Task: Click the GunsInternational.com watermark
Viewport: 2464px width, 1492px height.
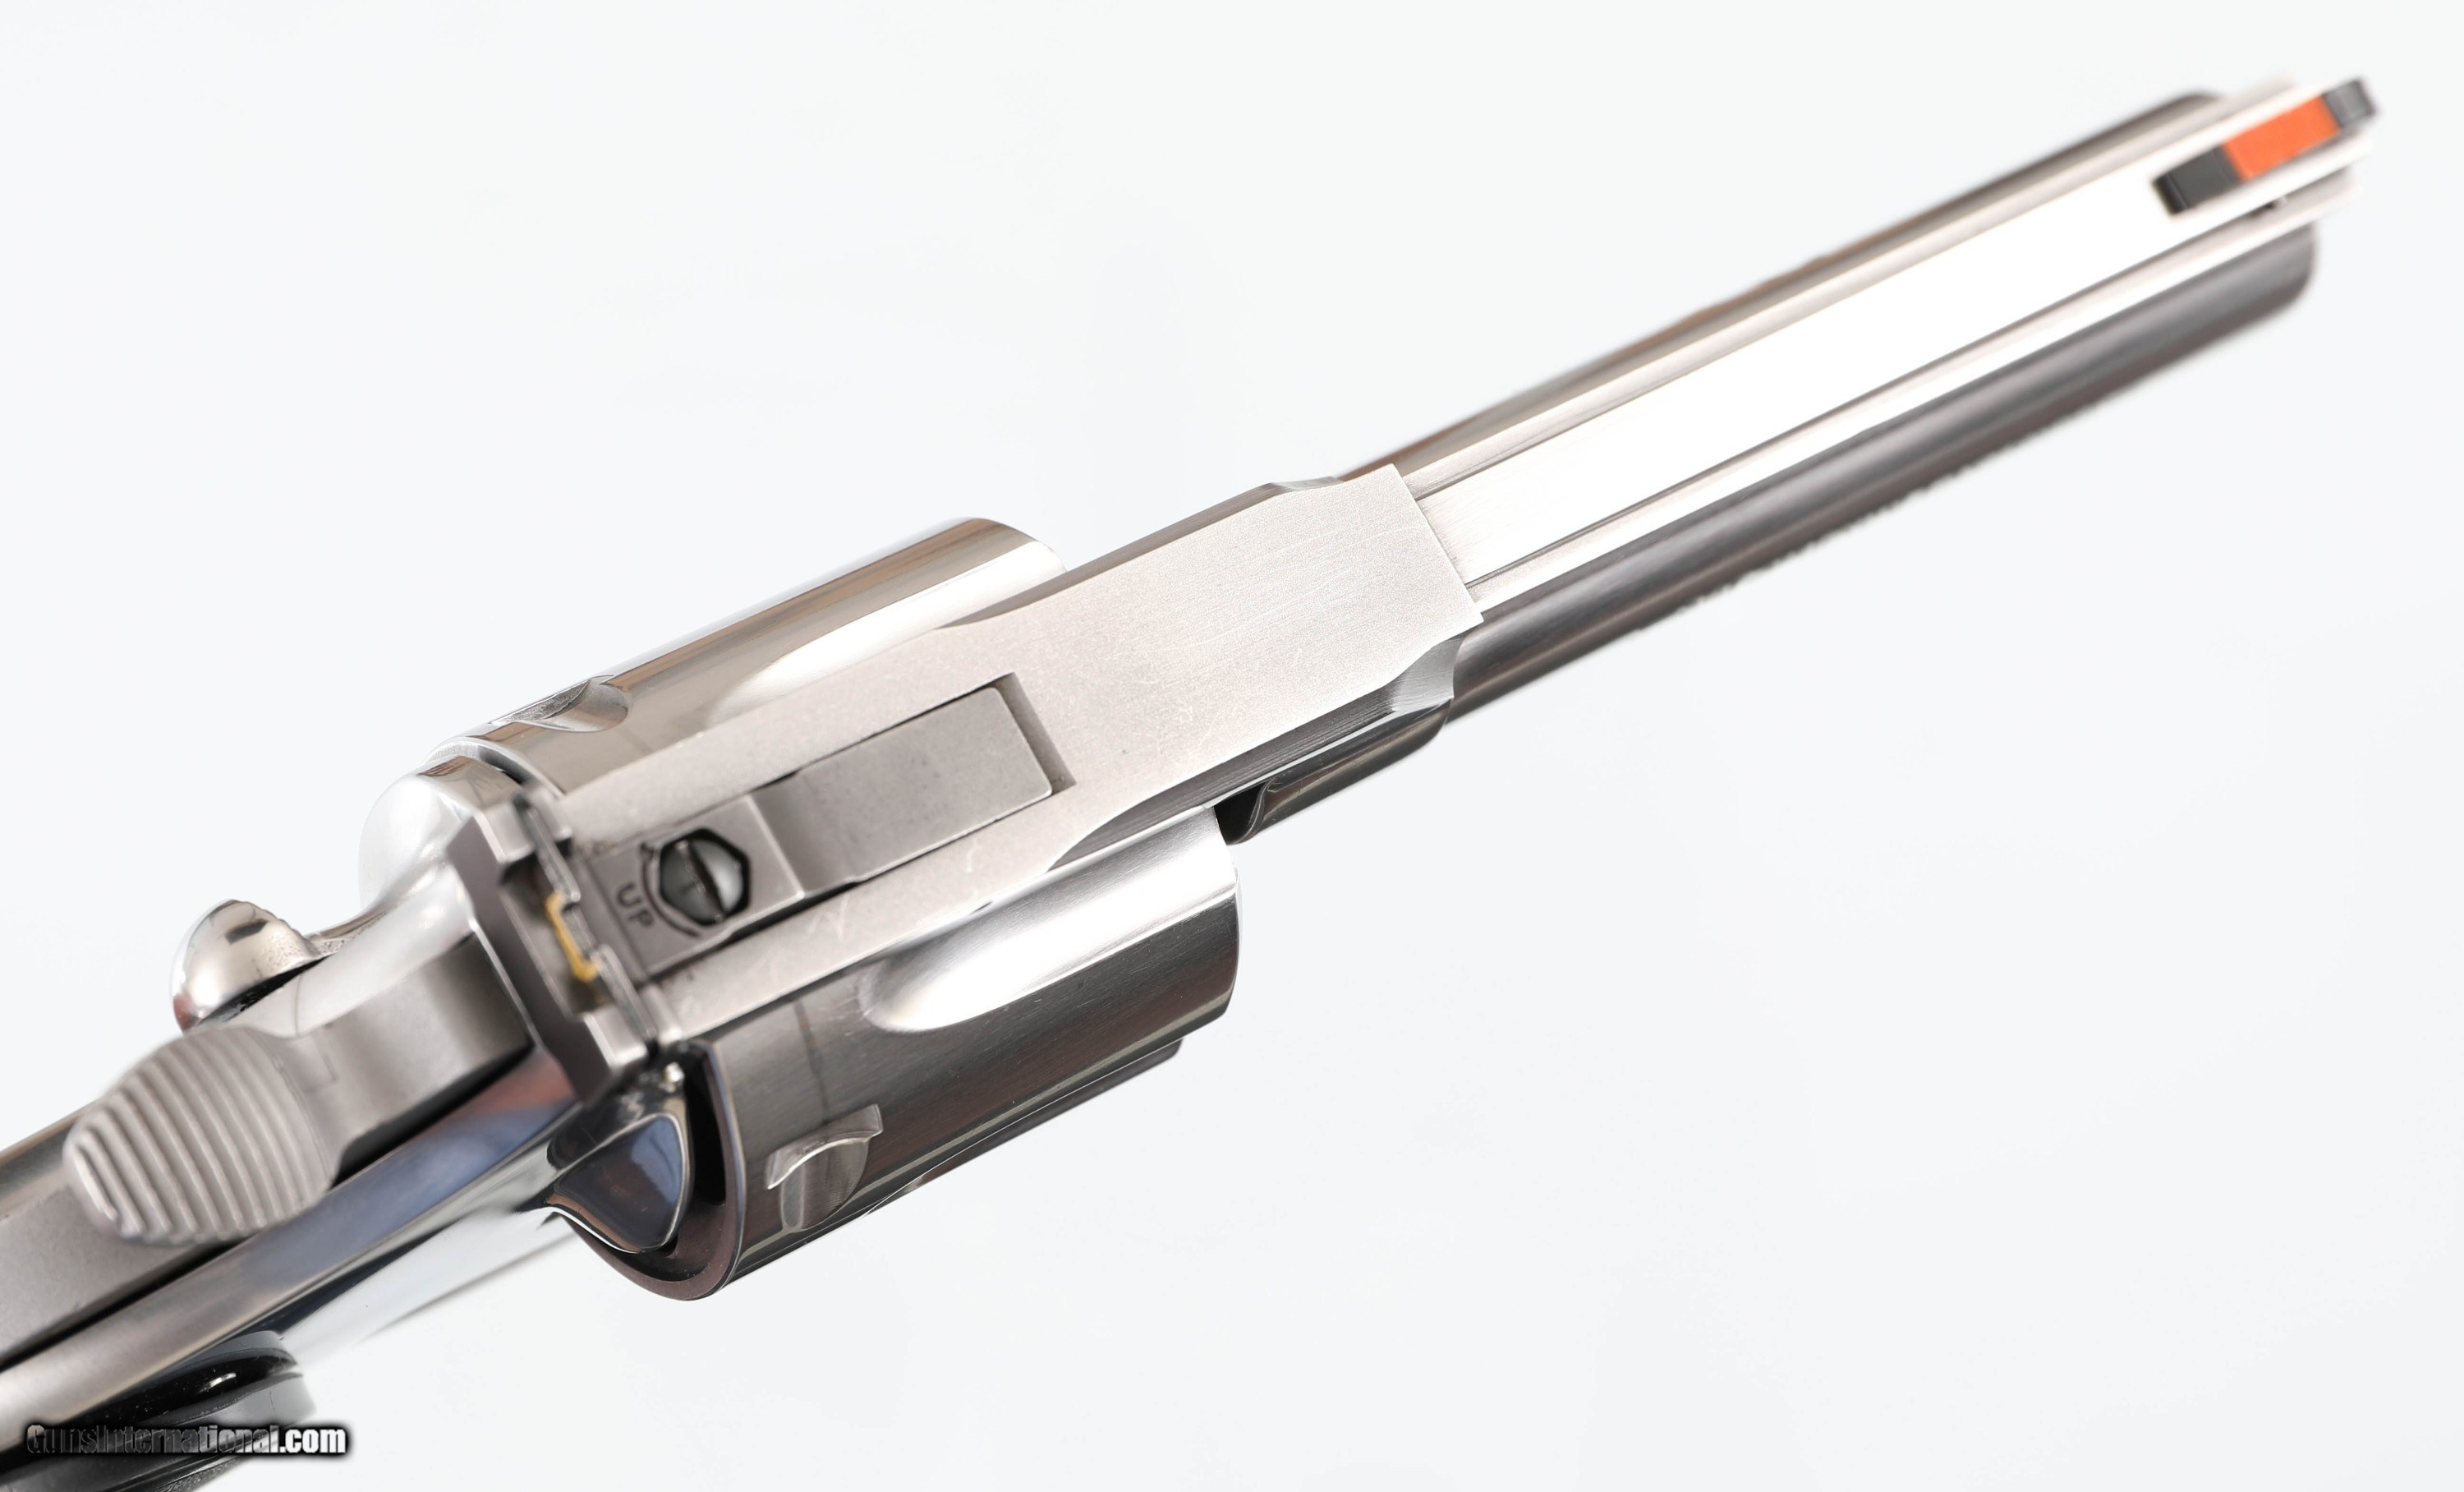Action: coord(187,1439)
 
